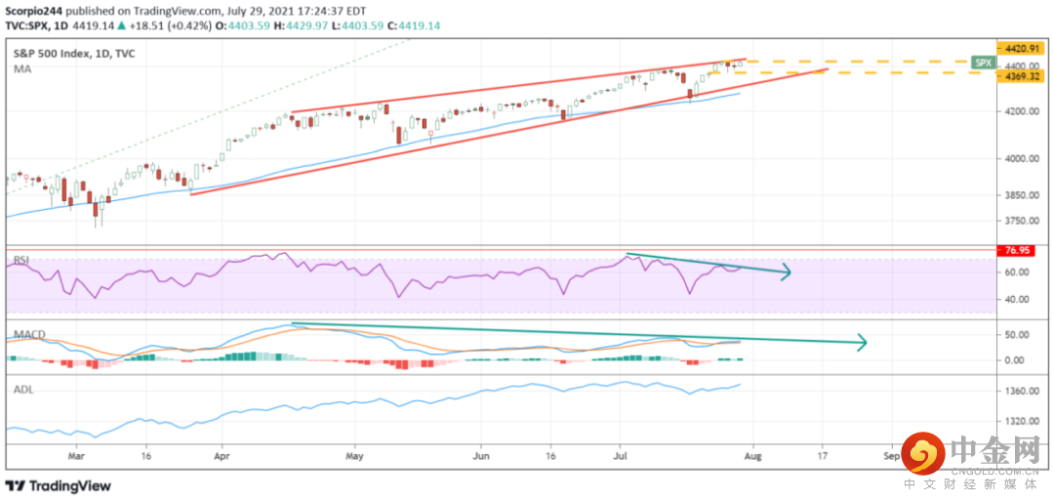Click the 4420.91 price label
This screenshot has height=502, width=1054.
pos(1020,47)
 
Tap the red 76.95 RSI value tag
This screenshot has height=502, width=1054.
pos(1020,251)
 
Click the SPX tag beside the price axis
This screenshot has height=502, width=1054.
pos(984,62)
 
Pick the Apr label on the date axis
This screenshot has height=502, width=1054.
pos(222,455)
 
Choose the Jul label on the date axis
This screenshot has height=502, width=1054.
pos(621,455)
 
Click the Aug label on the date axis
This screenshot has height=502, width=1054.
pos(753,455)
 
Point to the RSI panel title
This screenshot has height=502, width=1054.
pos(21,259)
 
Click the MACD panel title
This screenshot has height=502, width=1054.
pos(28,335)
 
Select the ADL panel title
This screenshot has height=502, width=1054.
pos(23,389)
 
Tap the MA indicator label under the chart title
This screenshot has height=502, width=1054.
pos(21,70)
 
